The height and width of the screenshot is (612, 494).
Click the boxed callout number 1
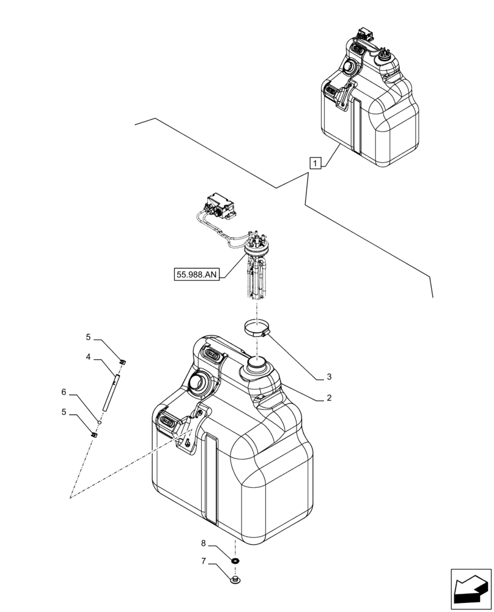pos(315,163)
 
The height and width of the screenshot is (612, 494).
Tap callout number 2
pos(329,398)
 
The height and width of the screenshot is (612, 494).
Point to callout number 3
pos(329,376)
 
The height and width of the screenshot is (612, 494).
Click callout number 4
pos(88,357)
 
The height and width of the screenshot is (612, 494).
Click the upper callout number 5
pos(88,337)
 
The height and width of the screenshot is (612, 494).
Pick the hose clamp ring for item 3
pos(254,329)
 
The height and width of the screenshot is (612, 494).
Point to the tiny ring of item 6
pos(99,422)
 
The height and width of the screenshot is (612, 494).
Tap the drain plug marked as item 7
pos(235,579)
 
